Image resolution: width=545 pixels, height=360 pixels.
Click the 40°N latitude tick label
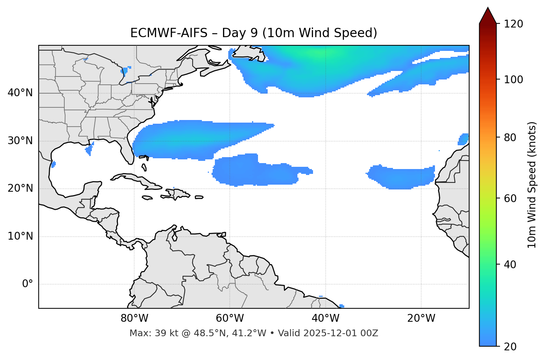tap(20, 93)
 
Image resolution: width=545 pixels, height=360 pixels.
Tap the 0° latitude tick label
tap(28, 284)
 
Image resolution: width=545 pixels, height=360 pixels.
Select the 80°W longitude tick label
tap(134, 318)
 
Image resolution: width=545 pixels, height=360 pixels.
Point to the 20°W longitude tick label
tap(421, 318)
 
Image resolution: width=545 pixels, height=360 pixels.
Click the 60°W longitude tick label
tap(230, 318)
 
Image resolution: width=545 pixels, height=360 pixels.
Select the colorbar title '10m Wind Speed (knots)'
tap(532, 185)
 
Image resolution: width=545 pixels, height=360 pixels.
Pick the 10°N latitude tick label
tap(20, 236)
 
